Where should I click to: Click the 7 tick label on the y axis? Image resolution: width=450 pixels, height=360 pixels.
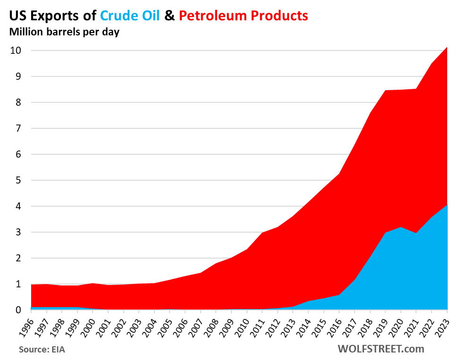18,128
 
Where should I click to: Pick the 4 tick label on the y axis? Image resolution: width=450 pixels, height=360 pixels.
18,206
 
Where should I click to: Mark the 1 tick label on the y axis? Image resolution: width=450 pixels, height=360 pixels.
18,284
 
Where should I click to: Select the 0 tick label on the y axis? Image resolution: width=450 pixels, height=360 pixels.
18,310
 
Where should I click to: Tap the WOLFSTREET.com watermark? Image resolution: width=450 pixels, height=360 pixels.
381,349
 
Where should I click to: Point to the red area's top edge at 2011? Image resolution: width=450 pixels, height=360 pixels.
262,233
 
